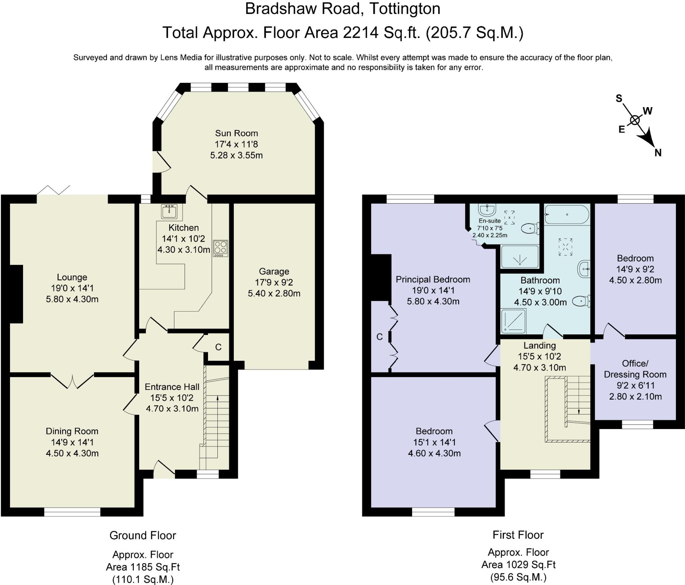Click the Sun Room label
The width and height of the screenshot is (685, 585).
point(236,133)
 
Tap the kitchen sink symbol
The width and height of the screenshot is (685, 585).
point(170,212)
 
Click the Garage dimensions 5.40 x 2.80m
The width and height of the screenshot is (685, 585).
point(274,293)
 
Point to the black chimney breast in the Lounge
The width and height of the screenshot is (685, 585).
point(16,294)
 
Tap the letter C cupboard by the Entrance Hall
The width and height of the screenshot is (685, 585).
point(218,347)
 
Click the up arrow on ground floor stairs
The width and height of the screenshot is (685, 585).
point(218,398)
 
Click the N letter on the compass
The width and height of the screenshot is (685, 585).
point(658,153)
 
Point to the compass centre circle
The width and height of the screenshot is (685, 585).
point(634,120)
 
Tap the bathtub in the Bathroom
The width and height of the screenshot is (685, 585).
point(567,215)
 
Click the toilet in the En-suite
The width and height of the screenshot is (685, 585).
point(530,229)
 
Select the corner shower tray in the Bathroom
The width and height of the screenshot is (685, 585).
point(513,321)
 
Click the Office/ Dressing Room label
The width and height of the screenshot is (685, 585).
point(635,369)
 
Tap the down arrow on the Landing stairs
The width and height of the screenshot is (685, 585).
point(579,412)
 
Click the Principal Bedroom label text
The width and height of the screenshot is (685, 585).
point(433,279)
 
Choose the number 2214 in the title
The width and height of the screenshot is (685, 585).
point(361,33)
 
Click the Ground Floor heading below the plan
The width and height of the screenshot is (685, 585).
point(142,535)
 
